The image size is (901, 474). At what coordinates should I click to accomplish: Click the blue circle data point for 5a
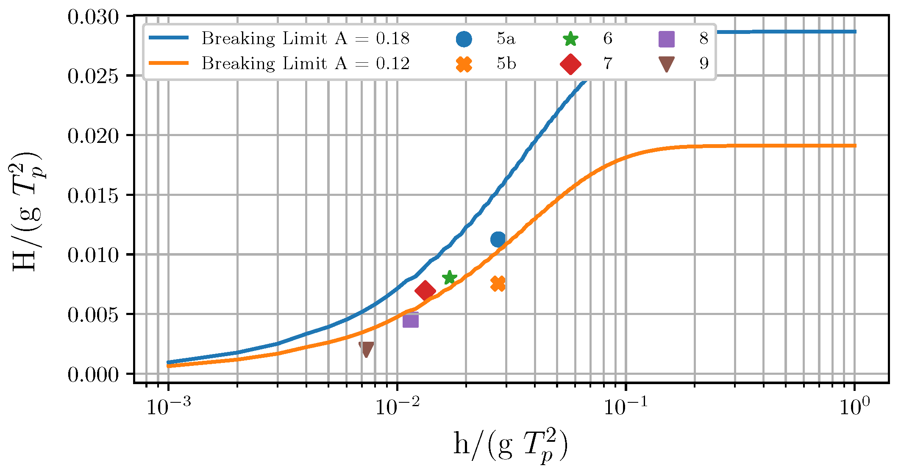(498, 240)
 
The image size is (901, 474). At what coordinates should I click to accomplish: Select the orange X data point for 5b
(498, 284)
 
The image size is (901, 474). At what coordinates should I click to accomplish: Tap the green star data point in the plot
(449, 278)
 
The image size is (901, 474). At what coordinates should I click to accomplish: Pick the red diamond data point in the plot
(425, 290)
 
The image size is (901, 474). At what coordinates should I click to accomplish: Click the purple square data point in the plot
(410, 320)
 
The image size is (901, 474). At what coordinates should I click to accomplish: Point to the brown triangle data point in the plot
(366, 349)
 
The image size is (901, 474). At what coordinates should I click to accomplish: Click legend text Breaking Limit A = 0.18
(305, 39)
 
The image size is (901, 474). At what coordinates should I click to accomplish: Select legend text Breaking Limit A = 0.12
(305, 64)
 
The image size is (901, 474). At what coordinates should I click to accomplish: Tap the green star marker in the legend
(570, 39)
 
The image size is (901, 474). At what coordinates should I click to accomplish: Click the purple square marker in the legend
(666, 39)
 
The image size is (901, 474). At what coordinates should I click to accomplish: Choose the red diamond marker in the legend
(570, 64)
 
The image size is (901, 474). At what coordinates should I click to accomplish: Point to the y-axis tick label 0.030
(93, 18)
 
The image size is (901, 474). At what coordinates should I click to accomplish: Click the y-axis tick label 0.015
(93, 196)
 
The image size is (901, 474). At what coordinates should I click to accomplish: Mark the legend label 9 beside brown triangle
(704, 64)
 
